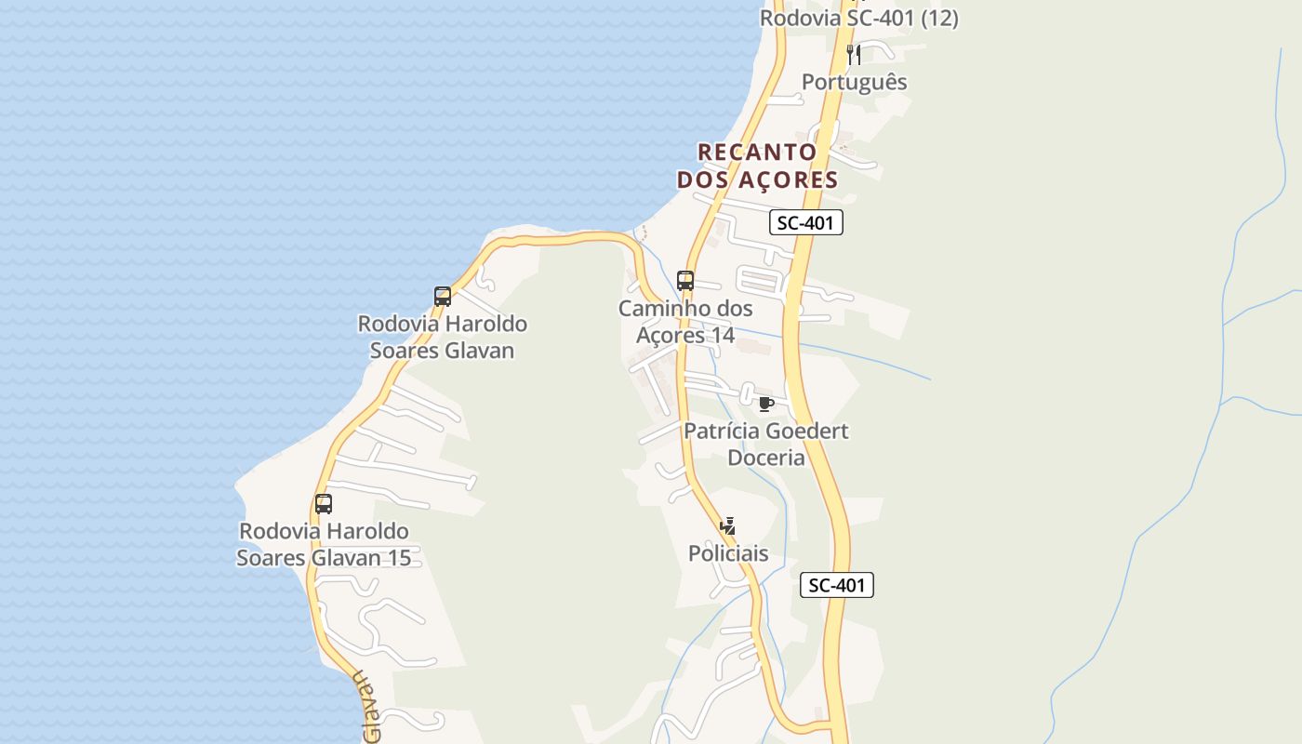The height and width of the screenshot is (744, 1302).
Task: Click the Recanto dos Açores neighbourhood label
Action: tap(757, 166)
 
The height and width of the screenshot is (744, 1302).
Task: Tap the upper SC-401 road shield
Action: tap(806, 222)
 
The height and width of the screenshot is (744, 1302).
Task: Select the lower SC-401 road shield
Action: tap(837, 585)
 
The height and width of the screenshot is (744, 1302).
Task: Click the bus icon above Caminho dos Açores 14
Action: tap(685, 280)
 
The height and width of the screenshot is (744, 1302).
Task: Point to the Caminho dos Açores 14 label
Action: tap(685, 322)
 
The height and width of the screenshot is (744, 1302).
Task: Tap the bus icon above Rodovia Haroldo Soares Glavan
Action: tap(443, 297)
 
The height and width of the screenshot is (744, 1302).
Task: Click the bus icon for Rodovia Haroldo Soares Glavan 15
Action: tap(324, 504)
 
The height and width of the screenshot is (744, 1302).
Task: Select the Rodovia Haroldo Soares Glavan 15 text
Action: tap(324, 544)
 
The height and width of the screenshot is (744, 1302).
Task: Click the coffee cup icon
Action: tap(765, 404)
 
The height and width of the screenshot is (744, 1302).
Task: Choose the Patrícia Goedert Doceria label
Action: tap(766, 445)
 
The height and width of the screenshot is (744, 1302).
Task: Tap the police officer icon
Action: tap(728, 526)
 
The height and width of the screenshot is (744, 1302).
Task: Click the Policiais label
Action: tap(728, 553)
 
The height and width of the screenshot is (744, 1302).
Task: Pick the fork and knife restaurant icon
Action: tap(854, 55)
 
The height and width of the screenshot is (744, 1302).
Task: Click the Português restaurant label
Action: tap(854, 82)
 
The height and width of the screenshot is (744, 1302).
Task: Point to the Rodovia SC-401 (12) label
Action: tap(858, 18)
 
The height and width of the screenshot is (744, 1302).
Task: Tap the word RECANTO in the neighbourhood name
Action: tap(757, 152)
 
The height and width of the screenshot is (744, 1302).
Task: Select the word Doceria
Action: tap(766, 458)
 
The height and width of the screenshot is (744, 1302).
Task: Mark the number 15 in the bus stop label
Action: tap(398, 558)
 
